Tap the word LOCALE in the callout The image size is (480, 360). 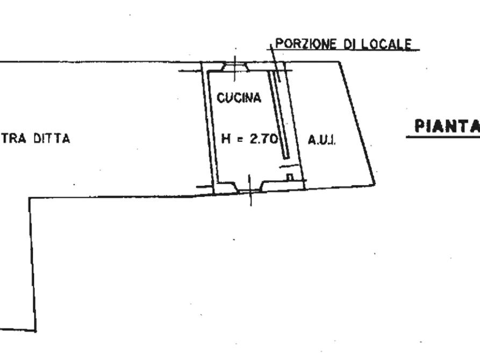[x=386, y=44]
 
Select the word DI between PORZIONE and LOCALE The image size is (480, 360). [x=349, y=44]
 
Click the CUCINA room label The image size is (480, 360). [x=239, y=98]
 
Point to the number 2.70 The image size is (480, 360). [x=263, y=139]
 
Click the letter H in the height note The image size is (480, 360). [x=226, y=139]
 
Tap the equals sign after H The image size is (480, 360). [x=240, y=140]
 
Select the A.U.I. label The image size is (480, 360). [x=322, y=140]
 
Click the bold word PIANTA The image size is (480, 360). [x=447, y=126]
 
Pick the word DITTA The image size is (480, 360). [x=52, y=139]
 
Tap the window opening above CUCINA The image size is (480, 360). [x=235, y=67]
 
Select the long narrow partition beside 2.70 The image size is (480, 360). [x=278, y=115]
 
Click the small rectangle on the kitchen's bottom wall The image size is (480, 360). [x=290, y=177]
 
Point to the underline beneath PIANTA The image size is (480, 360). [x=443, y=137]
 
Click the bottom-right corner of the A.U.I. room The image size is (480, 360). [x=375, y=184]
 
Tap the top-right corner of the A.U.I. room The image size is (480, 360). [x=340, y=62]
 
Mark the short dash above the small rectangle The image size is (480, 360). [x=289, y=166]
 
